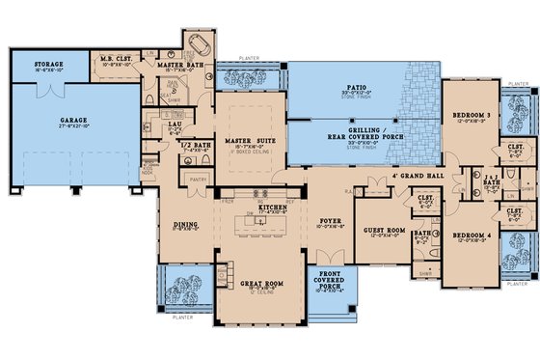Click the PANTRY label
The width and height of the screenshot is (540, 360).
[200, 179]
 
